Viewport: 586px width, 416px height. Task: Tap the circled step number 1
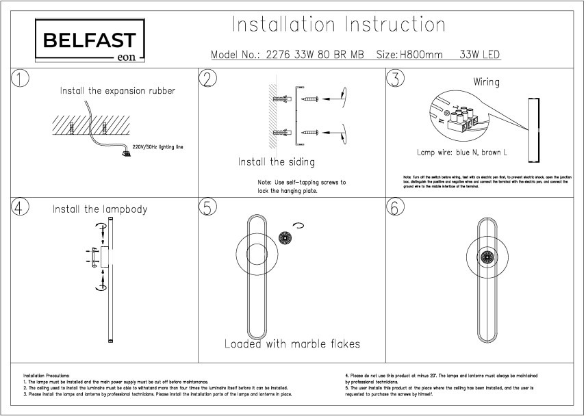(x=21, y=79)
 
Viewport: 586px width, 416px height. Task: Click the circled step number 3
(x=395, y=79)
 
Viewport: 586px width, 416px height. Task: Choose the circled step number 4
(x=21, y=208)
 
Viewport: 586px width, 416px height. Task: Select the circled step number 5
(x=207, y=208)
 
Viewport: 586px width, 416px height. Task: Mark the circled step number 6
(x=395, y=208)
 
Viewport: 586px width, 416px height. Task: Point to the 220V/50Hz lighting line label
(x=157, y=147)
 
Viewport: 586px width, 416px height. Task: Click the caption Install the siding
(x=276, y=162)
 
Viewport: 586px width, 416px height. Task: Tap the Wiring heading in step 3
(x=486, y=82)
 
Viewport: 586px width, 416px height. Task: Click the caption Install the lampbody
(x=100, y=209)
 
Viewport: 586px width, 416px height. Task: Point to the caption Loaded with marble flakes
(x=292, y=343)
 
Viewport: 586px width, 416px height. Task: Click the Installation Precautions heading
(x=46, y=376)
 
